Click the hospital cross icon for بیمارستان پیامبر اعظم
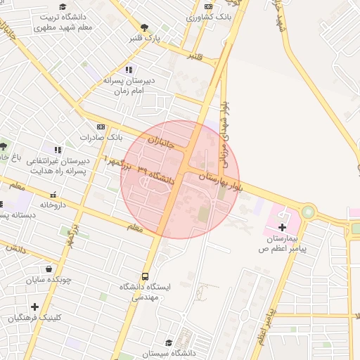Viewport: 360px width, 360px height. [283, 227]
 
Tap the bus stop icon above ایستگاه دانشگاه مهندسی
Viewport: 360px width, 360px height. [146, 276]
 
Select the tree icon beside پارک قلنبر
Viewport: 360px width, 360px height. [145, 27]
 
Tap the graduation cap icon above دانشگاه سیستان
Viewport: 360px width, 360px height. [169, 343]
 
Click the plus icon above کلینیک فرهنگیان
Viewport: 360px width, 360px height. [34, 307]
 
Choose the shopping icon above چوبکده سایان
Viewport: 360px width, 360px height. [48, 269]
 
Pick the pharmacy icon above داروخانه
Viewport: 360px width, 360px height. [53, 194]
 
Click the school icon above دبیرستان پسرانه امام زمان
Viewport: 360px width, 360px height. [128, 70]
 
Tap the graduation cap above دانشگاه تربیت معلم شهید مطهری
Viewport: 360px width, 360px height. [63, 6]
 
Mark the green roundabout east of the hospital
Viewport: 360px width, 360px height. [308, 212]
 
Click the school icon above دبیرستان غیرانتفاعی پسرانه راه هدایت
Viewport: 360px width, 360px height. [58, 150]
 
